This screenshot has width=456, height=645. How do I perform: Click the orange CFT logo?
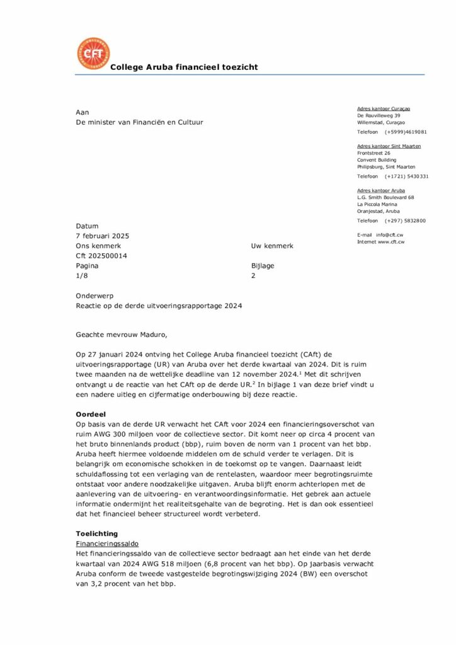[x=93, y=54]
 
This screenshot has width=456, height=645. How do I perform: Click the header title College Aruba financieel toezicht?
[x=184, y=67]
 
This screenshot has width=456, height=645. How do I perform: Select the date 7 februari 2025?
[x=103, y=236]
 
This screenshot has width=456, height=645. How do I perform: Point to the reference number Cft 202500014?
[x=101, y=256]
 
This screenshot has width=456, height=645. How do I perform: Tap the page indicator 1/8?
[x=81, y=276]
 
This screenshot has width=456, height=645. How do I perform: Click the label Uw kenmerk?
[x=272, y=246]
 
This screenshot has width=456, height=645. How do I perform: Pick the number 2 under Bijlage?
[x=253, y=276]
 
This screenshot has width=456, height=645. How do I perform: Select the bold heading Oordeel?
[x=90, y=414]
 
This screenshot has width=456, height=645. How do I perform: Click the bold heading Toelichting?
[x=97, y=534]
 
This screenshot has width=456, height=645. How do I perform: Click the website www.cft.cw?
[x=391, y=242]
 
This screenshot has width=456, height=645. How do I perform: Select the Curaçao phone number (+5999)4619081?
[x=406, y=132]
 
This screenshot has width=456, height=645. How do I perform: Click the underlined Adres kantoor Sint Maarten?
[x=389, y=146]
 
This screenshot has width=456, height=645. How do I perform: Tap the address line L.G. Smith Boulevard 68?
[x=385, y=197]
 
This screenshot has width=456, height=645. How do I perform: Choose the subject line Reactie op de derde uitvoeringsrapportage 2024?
[x=159, y=305]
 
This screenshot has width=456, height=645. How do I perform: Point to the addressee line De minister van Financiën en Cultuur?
[x=140, y=122]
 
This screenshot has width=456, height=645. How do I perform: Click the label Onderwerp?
[x=94, y=295]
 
